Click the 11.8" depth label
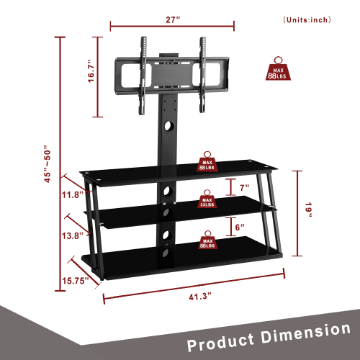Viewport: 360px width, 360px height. (73, 194)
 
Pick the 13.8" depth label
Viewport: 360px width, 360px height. (73, 235)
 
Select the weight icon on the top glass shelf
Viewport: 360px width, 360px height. (207, 161)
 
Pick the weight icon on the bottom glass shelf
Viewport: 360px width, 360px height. (207, 240)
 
